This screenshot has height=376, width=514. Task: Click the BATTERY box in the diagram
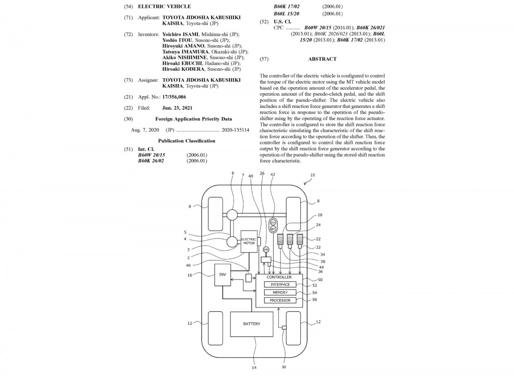251,324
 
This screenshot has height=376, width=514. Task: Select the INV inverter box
223,274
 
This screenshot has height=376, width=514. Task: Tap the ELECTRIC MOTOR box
249,241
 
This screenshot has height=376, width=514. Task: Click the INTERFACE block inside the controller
280,284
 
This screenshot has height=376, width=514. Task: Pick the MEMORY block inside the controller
280,292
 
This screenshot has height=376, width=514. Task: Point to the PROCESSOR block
280,300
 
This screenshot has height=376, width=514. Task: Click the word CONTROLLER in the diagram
279,277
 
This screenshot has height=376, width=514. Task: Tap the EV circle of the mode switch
273,222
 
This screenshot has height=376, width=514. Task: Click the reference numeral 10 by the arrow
312,175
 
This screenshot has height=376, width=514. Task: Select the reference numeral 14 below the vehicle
254,367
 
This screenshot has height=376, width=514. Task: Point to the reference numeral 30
283,367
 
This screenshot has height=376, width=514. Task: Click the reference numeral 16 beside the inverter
190,275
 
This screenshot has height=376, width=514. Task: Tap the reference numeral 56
315,300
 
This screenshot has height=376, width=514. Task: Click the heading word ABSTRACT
322,59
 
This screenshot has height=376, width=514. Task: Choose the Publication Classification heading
187,140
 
